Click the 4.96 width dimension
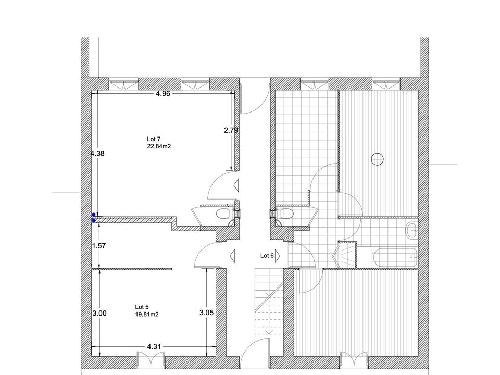[x=162, y=93]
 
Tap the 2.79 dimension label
[x=231, y=130]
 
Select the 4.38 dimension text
[x=97, y=153]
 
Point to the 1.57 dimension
[x=98, y=246]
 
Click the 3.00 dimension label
[x=99, y=314]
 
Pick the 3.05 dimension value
[x=206, y=313]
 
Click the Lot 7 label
[x=154, y=139]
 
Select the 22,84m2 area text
[x=159, y=146]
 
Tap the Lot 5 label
[x=142, y=307]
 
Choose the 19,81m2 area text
[x=147, y=315]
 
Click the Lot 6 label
[x=267, y=255]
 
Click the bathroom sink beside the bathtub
[x=413, y=230]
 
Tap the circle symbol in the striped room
[x=378, y=159]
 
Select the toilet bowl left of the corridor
[x=223, y=214]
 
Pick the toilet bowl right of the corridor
[x=284, y=214]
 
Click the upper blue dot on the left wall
[x=94, y=215]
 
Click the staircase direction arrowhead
[x=269, y=331]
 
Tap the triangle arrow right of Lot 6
[x=278, y=255]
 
